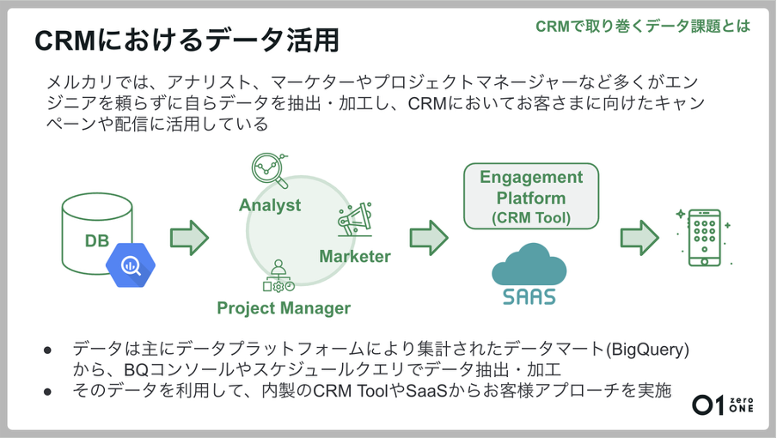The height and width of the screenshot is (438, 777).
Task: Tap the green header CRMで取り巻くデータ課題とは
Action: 642,26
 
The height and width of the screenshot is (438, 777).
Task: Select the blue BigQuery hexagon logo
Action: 132,265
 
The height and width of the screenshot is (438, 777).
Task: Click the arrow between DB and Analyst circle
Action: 189,238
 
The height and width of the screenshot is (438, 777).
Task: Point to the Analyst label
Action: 270,205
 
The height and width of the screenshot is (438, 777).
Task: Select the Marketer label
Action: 355,256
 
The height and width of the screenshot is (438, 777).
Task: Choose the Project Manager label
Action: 284,307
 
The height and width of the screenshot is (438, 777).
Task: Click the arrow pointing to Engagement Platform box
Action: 428,238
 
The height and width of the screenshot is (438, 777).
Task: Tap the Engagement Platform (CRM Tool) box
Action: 530,198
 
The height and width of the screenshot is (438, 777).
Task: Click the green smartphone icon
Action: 703,237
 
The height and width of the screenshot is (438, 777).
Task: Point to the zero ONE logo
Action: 725,405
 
